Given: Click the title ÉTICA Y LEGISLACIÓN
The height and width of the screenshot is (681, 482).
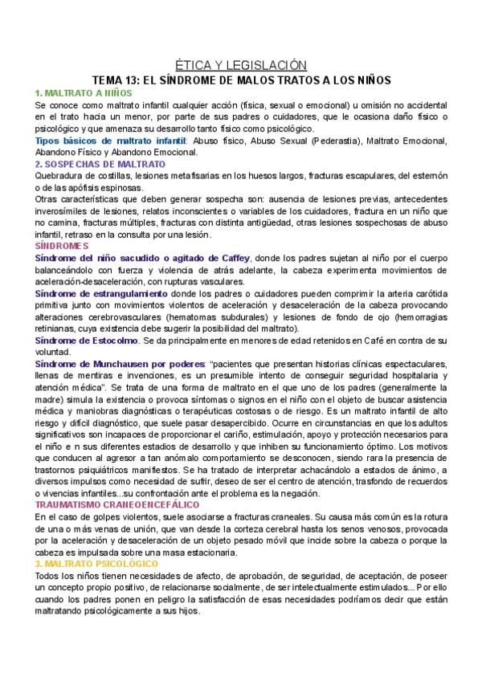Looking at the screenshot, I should click(x=241, y=65).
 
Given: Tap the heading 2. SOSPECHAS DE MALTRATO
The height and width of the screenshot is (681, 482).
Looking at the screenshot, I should click(x=100, y=164).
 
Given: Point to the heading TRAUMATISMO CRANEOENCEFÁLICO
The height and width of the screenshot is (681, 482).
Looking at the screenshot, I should click(x=117, y=504).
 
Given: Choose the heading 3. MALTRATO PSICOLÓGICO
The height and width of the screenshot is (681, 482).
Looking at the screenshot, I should click(x=96, y=564).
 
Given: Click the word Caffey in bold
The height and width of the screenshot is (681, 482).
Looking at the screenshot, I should click(x=231, y=258).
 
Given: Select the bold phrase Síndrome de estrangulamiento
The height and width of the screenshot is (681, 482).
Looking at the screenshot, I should click(x=101, y=294).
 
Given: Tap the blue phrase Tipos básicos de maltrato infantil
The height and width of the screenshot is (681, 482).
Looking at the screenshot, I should click(x=110, y=141).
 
